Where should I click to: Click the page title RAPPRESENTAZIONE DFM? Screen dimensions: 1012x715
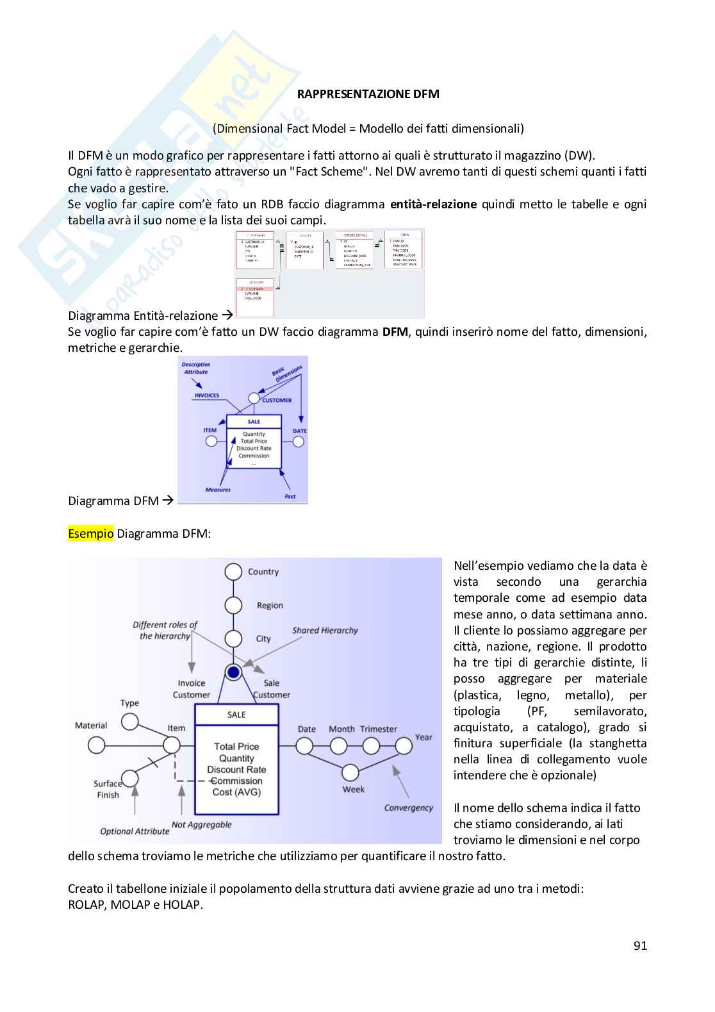368,94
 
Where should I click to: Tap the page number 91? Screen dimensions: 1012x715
639,945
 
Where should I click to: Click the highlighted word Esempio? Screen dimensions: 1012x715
90,533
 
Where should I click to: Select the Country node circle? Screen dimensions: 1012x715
233,572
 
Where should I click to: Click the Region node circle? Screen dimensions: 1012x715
233,605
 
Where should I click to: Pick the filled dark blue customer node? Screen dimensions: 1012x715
233,672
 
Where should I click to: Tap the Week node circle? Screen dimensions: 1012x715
350,772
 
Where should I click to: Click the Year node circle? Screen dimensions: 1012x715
404,746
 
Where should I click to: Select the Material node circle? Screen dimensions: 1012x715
97,745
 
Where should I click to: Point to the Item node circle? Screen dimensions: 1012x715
171,745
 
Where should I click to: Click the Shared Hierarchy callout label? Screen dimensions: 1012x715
325,631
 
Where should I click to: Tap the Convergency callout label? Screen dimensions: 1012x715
408,808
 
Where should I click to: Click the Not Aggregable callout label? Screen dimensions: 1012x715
201,825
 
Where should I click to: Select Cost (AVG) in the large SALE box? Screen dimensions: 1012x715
236,792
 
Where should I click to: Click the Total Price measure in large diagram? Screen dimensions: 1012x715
236,747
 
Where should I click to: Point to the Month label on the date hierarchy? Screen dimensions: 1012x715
341,729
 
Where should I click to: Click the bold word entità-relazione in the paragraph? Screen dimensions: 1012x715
433,204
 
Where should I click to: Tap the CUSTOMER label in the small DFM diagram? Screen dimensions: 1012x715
276,401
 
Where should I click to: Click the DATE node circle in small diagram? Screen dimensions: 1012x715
299,442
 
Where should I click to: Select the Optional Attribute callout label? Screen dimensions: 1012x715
135,831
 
